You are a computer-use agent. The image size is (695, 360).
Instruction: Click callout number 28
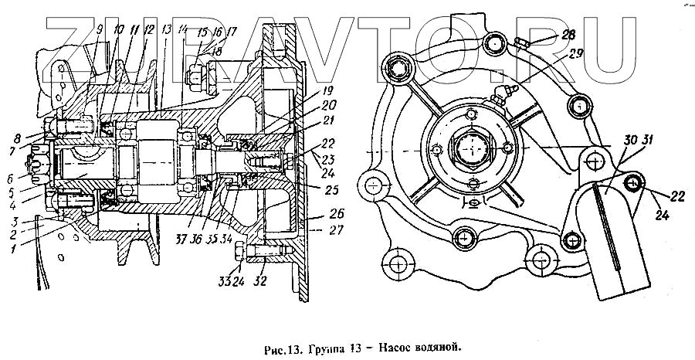coord(568,35)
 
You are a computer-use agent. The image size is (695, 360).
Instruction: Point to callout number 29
coord(575,55)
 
